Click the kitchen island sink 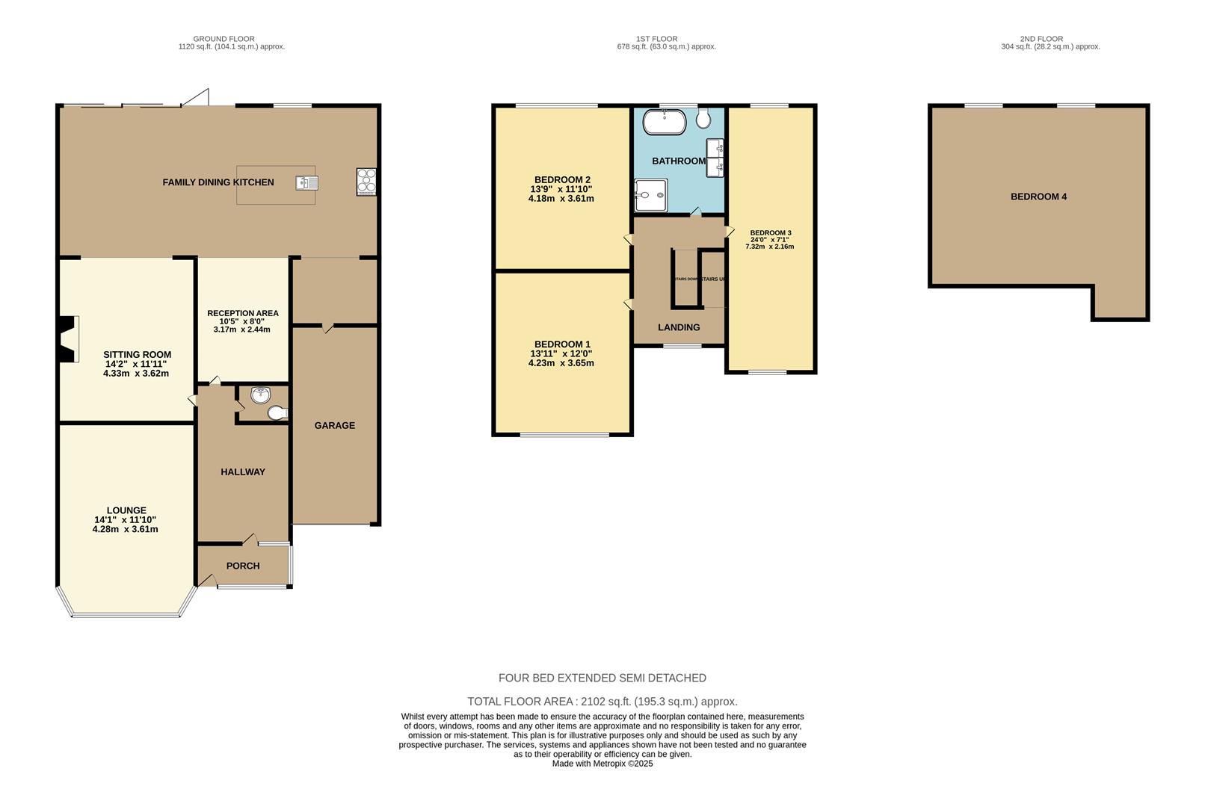tap(307, 182)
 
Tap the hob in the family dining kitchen tap(366, 182)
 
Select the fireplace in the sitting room tap(69, 339)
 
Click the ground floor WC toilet tap(277, 412)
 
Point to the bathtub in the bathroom tap(664, 122)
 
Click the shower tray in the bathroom tap(650, 195)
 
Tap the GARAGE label tap(334, 425)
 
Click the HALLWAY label tap(243, 471)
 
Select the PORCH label tap(243, 566)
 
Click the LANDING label tap(679, 327)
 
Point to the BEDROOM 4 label tap(1038, 197)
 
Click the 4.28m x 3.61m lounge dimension tap(125, 529)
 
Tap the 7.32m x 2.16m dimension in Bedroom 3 tap(769, 247)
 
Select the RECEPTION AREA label tap(243, 313)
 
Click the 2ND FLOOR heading tap(1041, 39)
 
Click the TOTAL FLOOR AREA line tap(602, 702)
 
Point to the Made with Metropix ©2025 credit tap(602, 764)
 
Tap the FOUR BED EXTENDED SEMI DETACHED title tap(602, 678)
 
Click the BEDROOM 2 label tap(562, 179)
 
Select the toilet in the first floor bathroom tap(703, 118)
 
